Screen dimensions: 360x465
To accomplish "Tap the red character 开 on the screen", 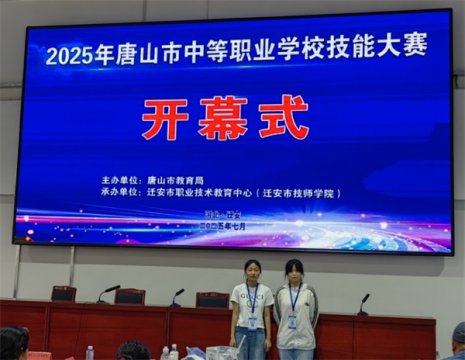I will pyautogui.click(x=165, y=119).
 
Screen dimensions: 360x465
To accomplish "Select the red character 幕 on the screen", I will pyautogui.click(x=223, y=118).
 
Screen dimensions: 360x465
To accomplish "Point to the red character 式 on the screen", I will pyautogui.click(x=283, y=117).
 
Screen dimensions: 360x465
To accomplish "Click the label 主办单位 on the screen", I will pyautogui.click(x=121, y=181).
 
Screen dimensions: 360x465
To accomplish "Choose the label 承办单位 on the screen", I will pyautogui.click(x=121, y=193).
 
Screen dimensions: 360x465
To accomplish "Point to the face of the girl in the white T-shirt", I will pyautogui.click(x=252, y=271).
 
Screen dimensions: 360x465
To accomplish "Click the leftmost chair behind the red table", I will pyautogui.click(x=64, y=294).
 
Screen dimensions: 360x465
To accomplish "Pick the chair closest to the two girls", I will pyautogui.click(x=212, y=299).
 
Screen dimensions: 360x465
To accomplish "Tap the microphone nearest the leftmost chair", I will pyautogui.click(x=107, y=292).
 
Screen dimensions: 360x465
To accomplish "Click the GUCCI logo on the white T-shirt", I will pyautogui.click(x=251, y=299).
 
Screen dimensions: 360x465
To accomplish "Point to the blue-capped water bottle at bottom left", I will pyautogui.click(x=90, y=352).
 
